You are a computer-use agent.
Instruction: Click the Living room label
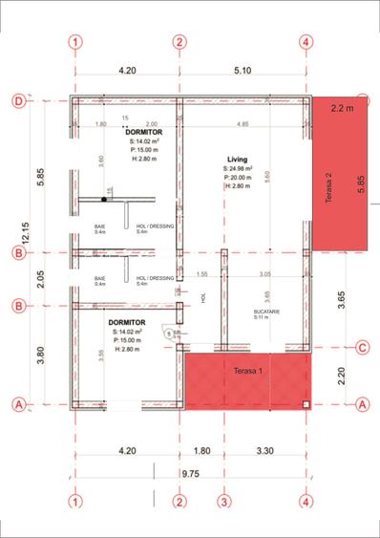coord(238,159)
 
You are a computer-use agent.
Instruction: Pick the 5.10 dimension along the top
coord(242,70)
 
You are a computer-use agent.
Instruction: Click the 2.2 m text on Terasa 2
coord(343,109)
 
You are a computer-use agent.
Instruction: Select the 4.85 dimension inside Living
coord(243,124)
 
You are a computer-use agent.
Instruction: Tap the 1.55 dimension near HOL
coord(201,274)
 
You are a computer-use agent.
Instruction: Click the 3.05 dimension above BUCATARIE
coord(264,274)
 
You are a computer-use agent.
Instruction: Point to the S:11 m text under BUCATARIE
coord(261,318)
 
